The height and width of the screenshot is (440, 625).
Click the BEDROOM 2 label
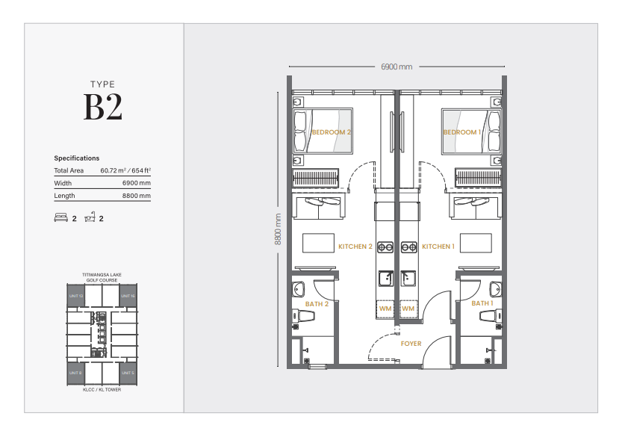click(x=332, y=132)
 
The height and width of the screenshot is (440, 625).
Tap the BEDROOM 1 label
click(x=462, y=132)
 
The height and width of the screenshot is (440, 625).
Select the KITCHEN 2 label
click(x=355, y=247)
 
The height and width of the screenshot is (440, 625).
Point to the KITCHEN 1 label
click(x=438, y=247)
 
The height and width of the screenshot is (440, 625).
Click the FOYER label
click(x=411, y=344)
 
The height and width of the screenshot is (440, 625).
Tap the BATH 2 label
click(x=317, y=304)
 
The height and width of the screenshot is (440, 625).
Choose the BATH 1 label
click(x=482, y=304)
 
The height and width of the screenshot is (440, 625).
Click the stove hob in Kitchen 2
click(x=385, y=247)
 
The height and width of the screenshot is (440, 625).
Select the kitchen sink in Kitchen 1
click(x=408, y=278)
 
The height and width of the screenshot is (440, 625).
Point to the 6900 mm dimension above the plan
click(x=397, y=67)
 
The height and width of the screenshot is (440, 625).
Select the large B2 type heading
click(x=103, y=108)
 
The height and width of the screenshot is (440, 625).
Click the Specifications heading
click(x=76, y=158)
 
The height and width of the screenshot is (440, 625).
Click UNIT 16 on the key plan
click(x=128, y=297)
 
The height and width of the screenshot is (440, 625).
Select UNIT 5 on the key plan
click(x=128, y=372)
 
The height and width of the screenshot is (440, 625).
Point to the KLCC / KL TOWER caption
click(x=102, y=389)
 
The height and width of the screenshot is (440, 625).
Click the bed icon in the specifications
click(x=61, y=218)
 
